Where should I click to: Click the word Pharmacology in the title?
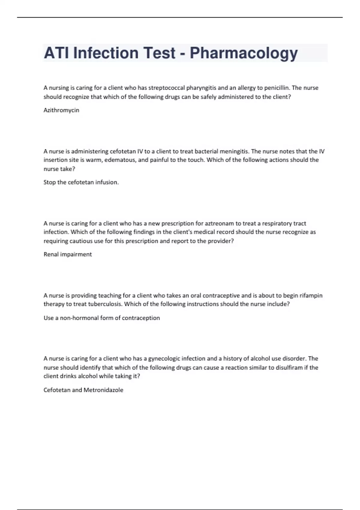[244, 53]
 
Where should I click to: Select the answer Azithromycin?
[61, 110]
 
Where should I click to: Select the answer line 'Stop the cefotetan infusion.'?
[81, 182]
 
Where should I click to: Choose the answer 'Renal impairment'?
[67, 254]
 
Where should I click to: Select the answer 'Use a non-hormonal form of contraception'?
[102, 318]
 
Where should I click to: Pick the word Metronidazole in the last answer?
[103, 390]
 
